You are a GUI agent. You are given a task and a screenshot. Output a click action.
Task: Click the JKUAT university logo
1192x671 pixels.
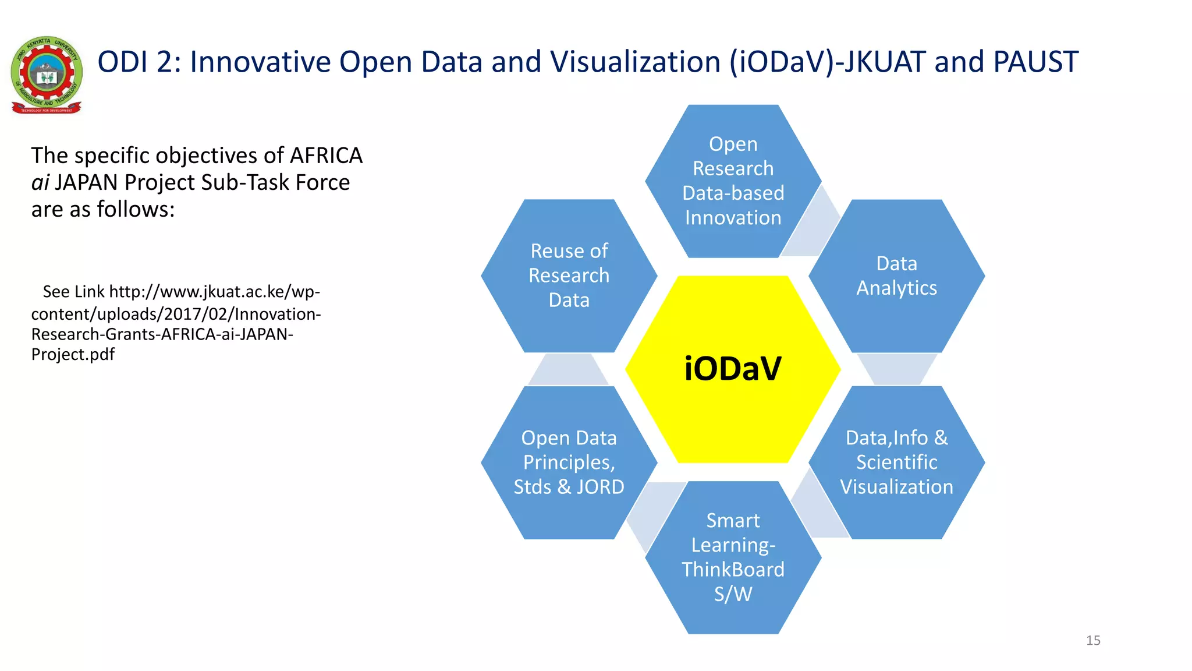[47, 75]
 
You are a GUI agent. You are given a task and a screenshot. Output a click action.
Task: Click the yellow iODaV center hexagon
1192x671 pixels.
[733, 369]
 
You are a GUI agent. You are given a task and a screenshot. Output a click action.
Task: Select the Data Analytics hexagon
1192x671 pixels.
[896, 276]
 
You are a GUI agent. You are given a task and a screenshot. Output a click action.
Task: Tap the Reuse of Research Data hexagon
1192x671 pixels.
[569, 276]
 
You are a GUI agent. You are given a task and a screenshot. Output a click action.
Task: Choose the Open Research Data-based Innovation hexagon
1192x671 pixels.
[733, 181]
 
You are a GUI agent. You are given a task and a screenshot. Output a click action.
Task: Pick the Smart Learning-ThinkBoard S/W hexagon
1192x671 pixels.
[733, 557]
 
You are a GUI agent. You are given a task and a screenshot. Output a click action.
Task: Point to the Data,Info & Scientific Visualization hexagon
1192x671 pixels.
[896, 462]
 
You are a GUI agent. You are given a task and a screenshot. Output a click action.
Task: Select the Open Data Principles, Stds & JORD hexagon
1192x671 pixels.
[569, 462]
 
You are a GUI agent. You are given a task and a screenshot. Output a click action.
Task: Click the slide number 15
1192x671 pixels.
[1093, 641]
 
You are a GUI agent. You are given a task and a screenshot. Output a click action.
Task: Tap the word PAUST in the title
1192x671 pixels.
[1035, 62]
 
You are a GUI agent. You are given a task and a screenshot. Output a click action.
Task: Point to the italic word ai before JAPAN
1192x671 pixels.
[40, 183]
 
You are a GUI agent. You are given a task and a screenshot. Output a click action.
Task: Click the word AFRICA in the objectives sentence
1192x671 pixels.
[326, 156]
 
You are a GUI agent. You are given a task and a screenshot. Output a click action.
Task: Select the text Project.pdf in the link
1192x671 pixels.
[73, 354]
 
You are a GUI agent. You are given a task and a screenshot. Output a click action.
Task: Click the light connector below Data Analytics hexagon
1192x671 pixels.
[896, 369]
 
